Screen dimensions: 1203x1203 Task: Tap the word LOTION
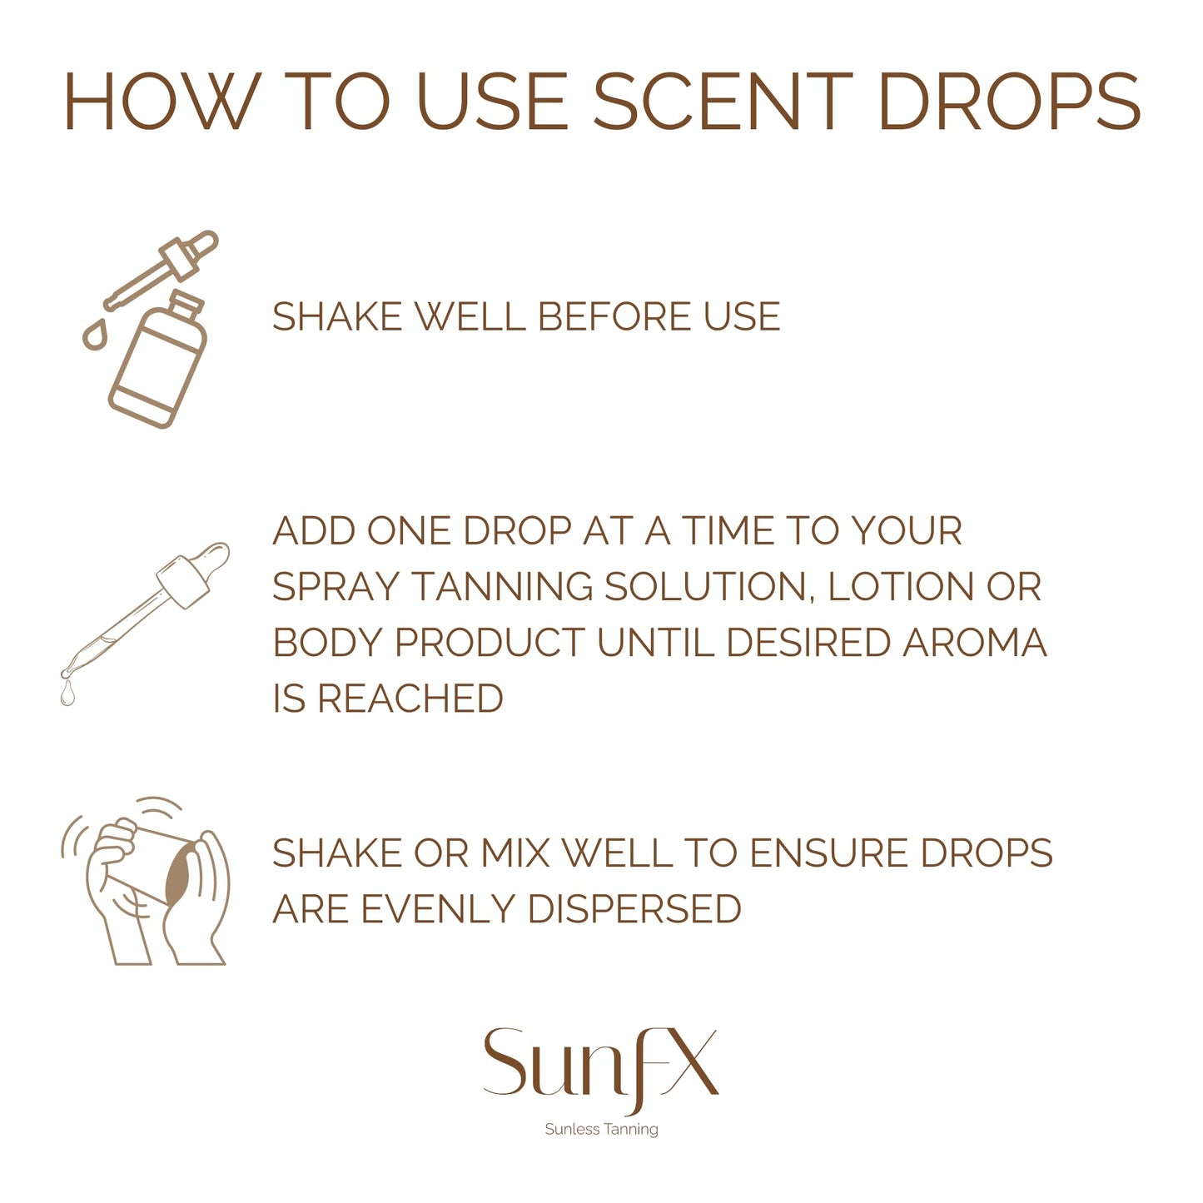[x=900, y=587]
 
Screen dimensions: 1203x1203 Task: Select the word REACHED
[x=410, y=698]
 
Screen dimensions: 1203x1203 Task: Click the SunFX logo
[x=600, y=1064]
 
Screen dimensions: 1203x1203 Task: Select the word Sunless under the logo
[x=572, y=1130]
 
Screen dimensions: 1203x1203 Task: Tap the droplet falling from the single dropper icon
[x=67, y=692]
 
